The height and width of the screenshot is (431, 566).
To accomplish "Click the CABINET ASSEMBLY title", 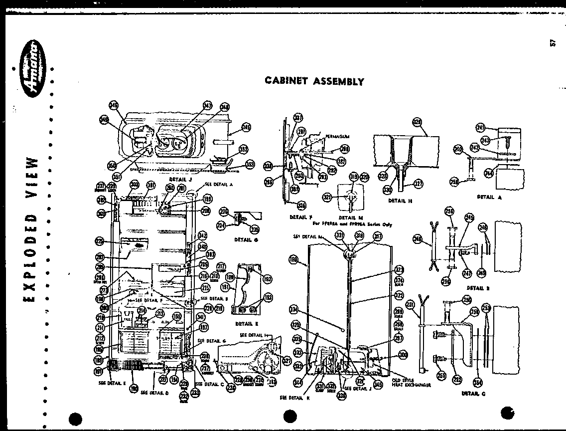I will [314, 81].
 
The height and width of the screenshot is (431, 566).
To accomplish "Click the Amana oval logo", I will [31, 76].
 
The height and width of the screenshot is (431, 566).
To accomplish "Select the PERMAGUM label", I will [337, 136].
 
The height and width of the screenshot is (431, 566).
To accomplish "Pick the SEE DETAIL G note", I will [212, 340].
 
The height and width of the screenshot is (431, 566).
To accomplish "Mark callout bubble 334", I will [294, 310].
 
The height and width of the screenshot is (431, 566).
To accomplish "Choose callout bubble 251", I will [410, 305].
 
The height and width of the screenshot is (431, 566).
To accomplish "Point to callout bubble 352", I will [244, 149].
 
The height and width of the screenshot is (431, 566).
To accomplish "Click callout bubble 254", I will [478, 383].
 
